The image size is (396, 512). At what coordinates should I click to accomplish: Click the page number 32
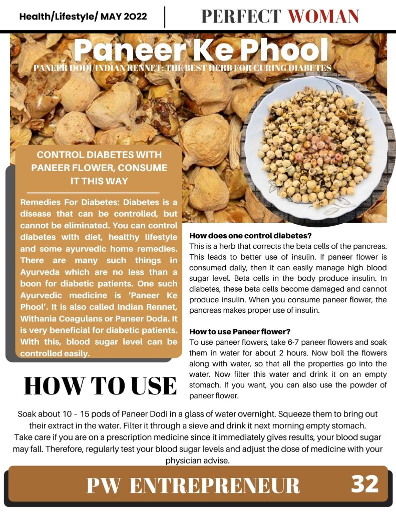pyautogui.click(x=364, y=484)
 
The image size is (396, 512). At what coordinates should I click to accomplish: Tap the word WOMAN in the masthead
pyautogui.click(x=324, y=17)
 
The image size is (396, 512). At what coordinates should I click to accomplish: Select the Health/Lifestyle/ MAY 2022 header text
pyautogui.click(x=83, y=17)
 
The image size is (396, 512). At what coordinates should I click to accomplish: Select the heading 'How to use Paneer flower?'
pyautogui.click(x=240, y=332)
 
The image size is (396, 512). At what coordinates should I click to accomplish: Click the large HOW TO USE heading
pyautogui.click(x=100, y=386)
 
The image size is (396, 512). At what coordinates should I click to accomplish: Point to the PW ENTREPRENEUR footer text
pyautogui.click(x=193, y=485)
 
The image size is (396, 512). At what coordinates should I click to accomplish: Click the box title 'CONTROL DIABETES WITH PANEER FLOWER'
pyautogui.click(x=99, y=168)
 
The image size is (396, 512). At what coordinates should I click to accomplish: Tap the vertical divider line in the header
pyautogui.click(x=165, y=17)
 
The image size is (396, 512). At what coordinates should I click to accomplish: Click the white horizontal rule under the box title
pyautogui.click(x=93, y=192)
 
